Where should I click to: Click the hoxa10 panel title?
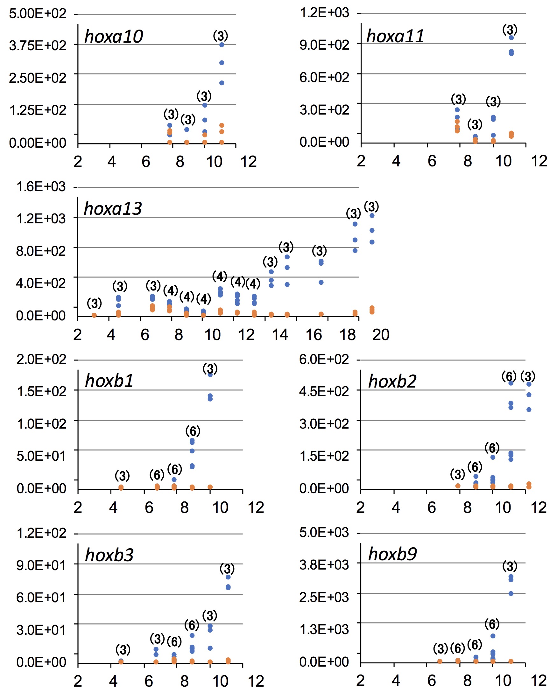(x=113, y=36)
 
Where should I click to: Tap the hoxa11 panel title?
(x=395, y=36)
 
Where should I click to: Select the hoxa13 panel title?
(x=113, y=208)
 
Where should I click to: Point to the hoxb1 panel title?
(x=109, y=381)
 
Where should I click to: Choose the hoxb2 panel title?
(x=392, y=381)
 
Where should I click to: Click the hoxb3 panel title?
(x=109, y=555)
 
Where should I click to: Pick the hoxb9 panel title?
(x=392, y=554)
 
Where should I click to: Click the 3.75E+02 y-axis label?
(x=37, y=46)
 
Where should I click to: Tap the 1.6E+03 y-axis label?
(x=41, y=187)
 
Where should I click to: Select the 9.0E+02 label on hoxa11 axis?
(x=324, y=45)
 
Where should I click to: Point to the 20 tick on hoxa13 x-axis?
(x=381, y=335)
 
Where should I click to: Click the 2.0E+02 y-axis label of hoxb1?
(x=41, y=360)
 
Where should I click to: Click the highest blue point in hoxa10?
(x=222, y=45)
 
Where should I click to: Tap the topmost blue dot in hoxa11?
(x=511, y=38)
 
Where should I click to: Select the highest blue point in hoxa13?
(x=372, y=216)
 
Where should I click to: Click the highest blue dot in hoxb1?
(x=210, y=375)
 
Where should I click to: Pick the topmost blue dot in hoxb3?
(x=228, y=577)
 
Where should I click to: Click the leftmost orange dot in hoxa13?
(x=94, y=315)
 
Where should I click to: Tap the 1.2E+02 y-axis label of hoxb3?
(x=41, y=533)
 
